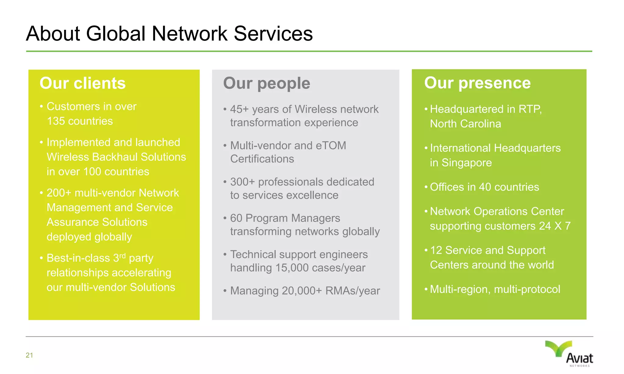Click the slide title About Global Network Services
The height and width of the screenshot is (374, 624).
pyautogui.click(x=169, y=33)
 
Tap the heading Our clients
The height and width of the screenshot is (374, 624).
pyautogui.click(x=83, y=83)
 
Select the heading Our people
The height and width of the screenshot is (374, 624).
pyautogui.click(x=267, y=83)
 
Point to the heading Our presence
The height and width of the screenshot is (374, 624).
pyautogui.click(x=477, y=83)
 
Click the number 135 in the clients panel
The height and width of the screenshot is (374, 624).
pyautogui.click(x=56, y=121)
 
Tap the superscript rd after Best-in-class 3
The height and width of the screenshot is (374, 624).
pyautogui.click(x=122, y=256)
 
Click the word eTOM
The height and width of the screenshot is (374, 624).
pyautogui.click(x=331, y=145)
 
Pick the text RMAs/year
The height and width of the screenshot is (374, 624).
pyautogui.click(x=353, y=291)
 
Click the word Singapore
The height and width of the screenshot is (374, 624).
pyautogui.click(x=466, y=163)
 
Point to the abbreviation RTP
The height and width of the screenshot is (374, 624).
pyautogui.click(x=530, y=109)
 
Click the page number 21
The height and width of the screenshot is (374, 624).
pyautogui.click(x=29, y=355)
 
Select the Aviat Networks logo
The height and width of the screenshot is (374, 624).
pyautogui.click(x=569, y=353)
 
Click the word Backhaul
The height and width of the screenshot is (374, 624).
pyautogui.click(x=115, y=157)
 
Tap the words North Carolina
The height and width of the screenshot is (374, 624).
pyautogui.click(x=465, y=124)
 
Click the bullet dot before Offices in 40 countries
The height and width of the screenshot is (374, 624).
pyautogui.click(x=426, y=187)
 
